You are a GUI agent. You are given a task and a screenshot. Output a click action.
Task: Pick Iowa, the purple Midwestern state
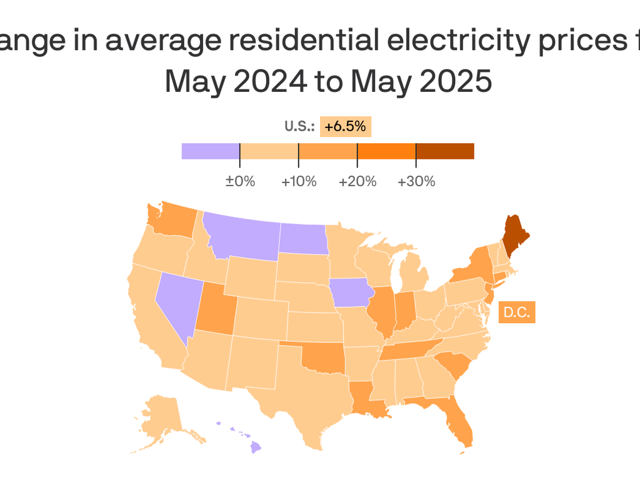point(351,292)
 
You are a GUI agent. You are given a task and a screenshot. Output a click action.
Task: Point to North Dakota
point(303,239)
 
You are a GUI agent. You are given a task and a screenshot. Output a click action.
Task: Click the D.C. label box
point(517,312)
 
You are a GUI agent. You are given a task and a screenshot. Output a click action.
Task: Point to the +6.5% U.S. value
point(345,126)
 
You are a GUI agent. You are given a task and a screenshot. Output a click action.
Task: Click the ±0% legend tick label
point(240,182)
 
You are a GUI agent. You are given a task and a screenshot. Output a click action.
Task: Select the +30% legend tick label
point(416,182)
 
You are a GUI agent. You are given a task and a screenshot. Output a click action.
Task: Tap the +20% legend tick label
point(357,182)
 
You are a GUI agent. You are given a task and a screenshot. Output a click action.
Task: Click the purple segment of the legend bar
point(211,151)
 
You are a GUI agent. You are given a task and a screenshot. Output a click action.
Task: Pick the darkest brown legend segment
point(445,151)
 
